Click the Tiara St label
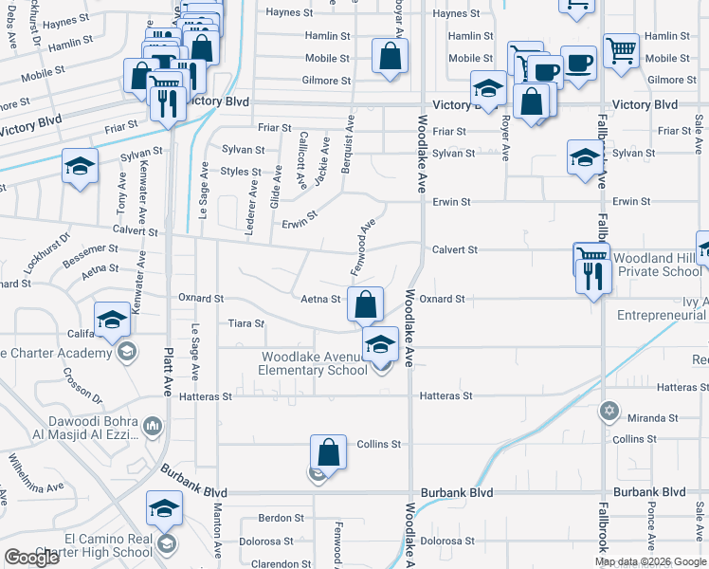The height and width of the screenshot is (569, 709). pos(246,323)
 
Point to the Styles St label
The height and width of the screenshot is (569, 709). pos(241,172)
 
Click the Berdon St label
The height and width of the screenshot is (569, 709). pos(282,519)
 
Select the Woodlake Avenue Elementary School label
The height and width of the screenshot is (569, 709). pos(315,363)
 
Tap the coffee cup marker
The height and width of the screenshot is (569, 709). pos(577,64)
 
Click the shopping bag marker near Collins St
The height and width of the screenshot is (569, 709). pos(328,451)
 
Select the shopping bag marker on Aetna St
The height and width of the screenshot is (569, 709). pos(365,304)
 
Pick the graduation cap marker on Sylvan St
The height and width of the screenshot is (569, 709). pos(585,156)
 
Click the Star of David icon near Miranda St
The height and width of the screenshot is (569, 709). pos(609,412)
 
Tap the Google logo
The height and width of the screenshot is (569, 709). pos(32,558)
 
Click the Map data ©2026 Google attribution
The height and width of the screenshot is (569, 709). pos(650,561)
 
